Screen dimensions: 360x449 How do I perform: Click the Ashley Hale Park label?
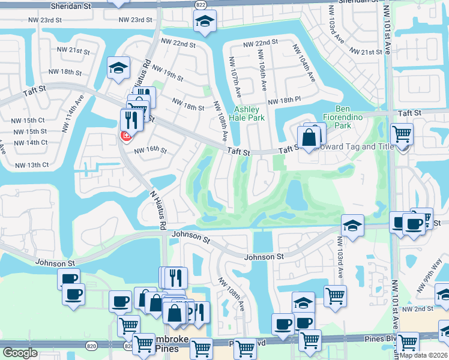[248, 113]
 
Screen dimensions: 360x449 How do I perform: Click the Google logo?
[20, 353]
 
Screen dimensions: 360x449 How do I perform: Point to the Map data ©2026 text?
[424, 355]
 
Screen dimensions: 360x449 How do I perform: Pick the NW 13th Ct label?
[32, 165]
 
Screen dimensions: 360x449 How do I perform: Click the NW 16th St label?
[150, 150]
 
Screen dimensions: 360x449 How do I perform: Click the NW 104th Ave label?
[303, 64]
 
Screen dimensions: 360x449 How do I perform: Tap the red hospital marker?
[126, 136]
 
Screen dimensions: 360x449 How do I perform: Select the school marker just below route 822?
[205, 22]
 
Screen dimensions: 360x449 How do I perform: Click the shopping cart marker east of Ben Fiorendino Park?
[402, 134]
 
